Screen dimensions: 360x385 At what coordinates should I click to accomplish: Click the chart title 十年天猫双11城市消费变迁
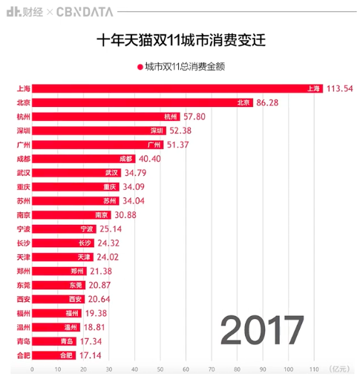coord(181,40)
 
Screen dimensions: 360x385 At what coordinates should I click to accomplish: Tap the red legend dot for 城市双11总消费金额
coord(140,67)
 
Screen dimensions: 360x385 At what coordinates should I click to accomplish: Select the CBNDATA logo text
coord(85,12)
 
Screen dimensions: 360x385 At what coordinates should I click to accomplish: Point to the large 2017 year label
coord(262,330)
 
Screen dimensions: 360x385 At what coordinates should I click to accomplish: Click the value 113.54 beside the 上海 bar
coord(340,88)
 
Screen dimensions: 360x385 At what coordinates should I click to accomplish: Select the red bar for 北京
coord(143,102)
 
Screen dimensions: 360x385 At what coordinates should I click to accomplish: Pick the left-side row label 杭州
coord(24,116)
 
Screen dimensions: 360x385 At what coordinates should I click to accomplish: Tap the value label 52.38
coord(180,131)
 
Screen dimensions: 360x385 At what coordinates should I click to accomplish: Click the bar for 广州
coord(98,145)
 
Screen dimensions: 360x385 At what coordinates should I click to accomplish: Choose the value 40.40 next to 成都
coord(150,159)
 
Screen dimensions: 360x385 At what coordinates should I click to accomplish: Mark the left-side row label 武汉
coord(24,173)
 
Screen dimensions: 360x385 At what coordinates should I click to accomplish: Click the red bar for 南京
coord(71,215)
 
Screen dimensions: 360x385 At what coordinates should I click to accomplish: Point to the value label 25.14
coord(111,229)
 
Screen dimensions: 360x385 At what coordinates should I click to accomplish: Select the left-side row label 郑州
coord(24,271)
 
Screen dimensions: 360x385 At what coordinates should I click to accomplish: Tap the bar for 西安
coord(59,299)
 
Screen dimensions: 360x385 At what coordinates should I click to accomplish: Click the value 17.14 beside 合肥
coord(91,355)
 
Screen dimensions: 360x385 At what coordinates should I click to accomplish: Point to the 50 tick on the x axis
coord(160,369)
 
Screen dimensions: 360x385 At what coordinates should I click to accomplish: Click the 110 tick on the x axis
coord(314,369)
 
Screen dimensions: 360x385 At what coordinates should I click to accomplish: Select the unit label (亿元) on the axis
coord(339,369)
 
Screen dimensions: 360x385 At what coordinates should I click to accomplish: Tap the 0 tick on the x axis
coord(32,369)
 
